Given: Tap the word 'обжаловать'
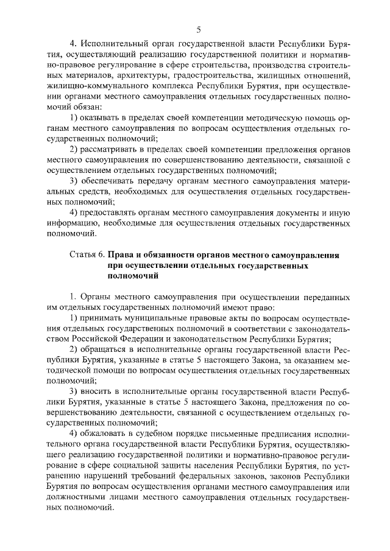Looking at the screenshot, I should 102,434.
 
